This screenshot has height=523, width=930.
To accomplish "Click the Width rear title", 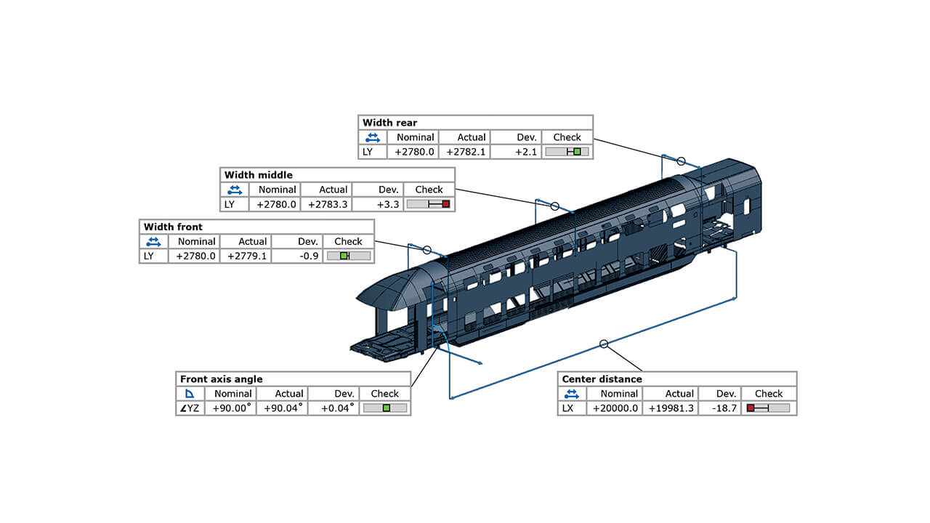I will pos(389,123).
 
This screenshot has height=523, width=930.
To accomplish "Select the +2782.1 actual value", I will pos(466,152).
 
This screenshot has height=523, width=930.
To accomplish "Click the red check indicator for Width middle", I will pos(446,204).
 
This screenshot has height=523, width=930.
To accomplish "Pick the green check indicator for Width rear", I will pos(577,152).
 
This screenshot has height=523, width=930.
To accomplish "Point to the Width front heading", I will pos(173,227).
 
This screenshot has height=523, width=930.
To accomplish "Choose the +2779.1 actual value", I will pos(247,256).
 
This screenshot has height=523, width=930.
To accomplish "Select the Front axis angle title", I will pos(222,379).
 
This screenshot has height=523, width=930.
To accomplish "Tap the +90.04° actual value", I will pos(284,408).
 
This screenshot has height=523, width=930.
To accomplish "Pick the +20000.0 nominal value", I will pos(615,408).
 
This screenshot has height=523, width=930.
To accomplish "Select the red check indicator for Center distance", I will pos(751,408).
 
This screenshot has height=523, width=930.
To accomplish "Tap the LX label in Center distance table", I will pos(568,408).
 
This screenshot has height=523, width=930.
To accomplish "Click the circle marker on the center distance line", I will pos(603,344).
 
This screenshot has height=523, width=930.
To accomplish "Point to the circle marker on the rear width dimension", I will pos(681,161).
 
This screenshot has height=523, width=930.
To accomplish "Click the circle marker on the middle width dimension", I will pos(555,206).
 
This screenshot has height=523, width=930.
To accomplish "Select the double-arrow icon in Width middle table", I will pos(234,190).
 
